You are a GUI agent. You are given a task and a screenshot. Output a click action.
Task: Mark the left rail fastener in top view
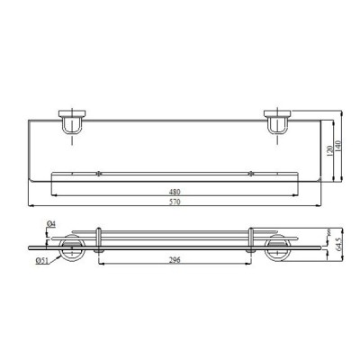[97, 171]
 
